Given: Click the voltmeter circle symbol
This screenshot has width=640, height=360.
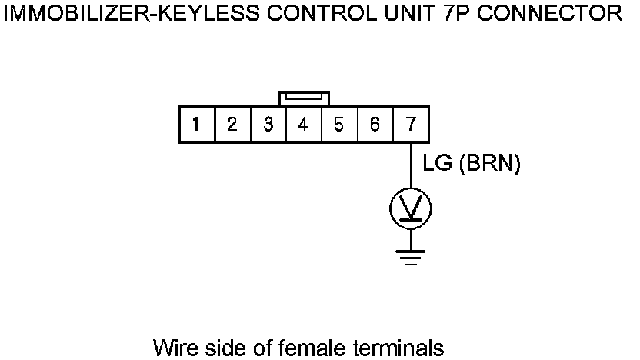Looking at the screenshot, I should point(411,208).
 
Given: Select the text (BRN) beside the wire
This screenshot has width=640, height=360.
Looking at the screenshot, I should point(489,164).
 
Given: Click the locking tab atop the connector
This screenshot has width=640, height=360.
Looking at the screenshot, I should point(304,98).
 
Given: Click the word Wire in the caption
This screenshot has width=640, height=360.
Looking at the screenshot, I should point(174,347).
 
